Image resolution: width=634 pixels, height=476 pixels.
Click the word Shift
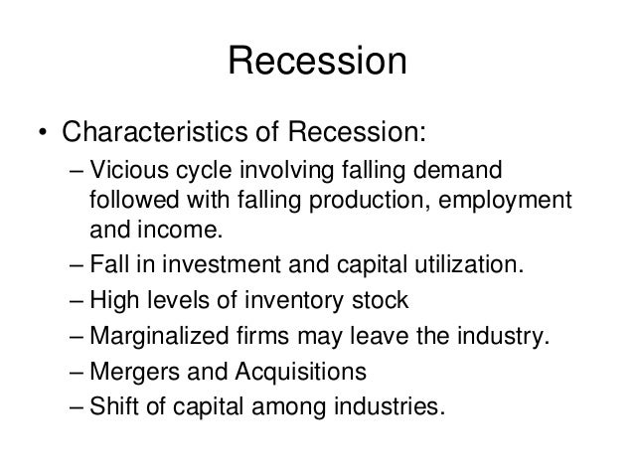[x=114, y=405]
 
